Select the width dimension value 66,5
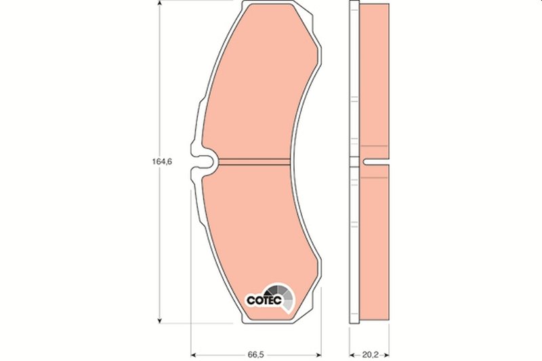(255, 354)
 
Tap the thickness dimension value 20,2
(369, 354)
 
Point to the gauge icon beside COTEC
(285, 295)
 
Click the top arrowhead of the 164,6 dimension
(159, 5)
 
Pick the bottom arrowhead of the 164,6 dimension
(159, 320)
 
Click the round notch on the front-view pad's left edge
(207, 162)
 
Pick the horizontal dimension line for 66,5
(224, 353)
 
